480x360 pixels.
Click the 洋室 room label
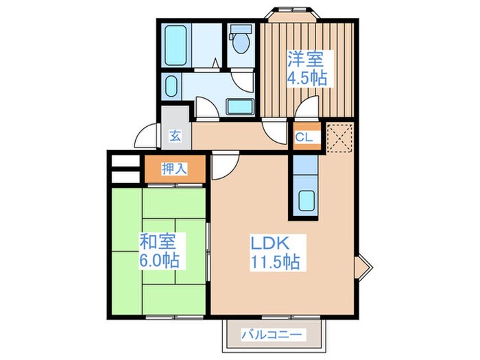click(x=305, y=60)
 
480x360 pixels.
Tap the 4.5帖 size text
click(x=307, y=78)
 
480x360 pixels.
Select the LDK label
click(x=270, y=243)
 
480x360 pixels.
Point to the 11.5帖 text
click(x=275, y=262)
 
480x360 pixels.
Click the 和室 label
click(x=158, y=241)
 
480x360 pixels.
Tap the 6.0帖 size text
click(x=159, y=260)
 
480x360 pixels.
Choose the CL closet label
click(x=304, y=137)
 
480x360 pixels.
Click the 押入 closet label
click(x=174, y=169)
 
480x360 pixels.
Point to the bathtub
click(x=176, y=45)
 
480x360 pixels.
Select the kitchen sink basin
click(x=306, y=200)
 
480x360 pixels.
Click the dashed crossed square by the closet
click(x=339, y=138)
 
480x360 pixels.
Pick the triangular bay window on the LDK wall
click(x=363, y=266)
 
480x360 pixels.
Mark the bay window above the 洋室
click(x=293, y=14)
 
